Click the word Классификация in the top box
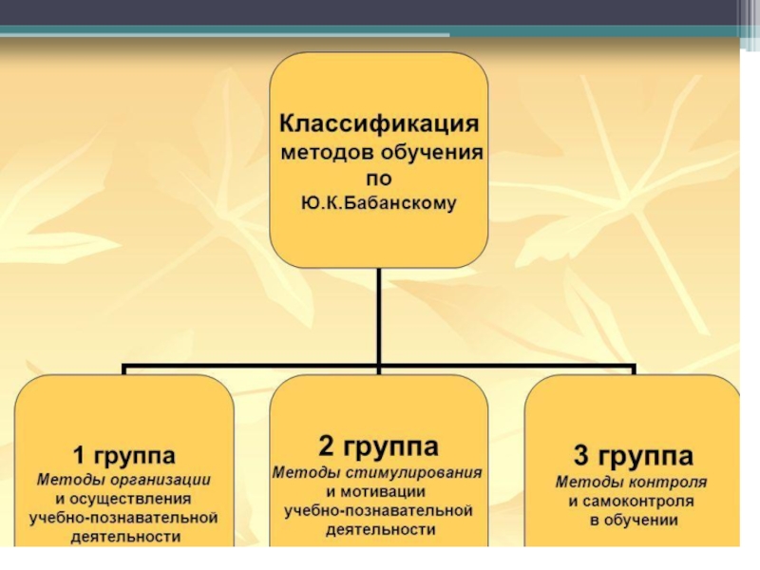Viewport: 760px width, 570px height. [x=378, y=124]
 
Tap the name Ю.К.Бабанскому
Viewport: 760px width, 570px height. [x=379, y=202]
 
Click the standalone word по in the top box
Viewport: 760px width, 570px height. [x=378, y=178]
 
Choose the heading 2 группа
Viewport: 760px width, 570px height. [x=378, y=446]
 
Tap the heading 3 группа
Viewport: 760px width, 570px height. [x=632, y=452]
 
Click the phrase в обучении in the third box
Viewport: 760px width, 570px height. [x=632, y=520]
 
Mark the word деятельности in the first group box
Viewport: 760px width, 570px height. [x=124, y=537]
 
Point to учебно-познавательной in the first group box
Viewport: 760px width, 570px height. [x=124, y=518]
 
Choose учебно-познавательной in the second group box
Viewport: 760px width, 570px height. [x=378, y=510]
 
